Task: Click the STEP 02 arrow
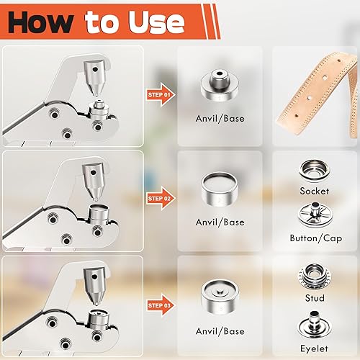coord(159,198)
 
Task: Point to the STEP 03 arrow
coord(159,305)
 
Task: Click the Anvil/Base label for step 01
coord(220,120)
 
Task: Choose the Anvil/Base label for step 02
coord(220,222)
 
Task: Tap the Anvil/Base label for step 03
coord(220,331)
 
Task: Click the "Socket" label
coord(315,191)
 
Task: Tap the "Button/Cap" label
coord(315,238)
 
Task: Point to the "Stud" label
coord(315,298)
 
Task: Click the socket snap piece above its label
coord(315,171)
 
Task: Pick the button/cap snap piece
coord(315,216)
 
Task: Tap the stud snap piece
coord(315,277)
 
